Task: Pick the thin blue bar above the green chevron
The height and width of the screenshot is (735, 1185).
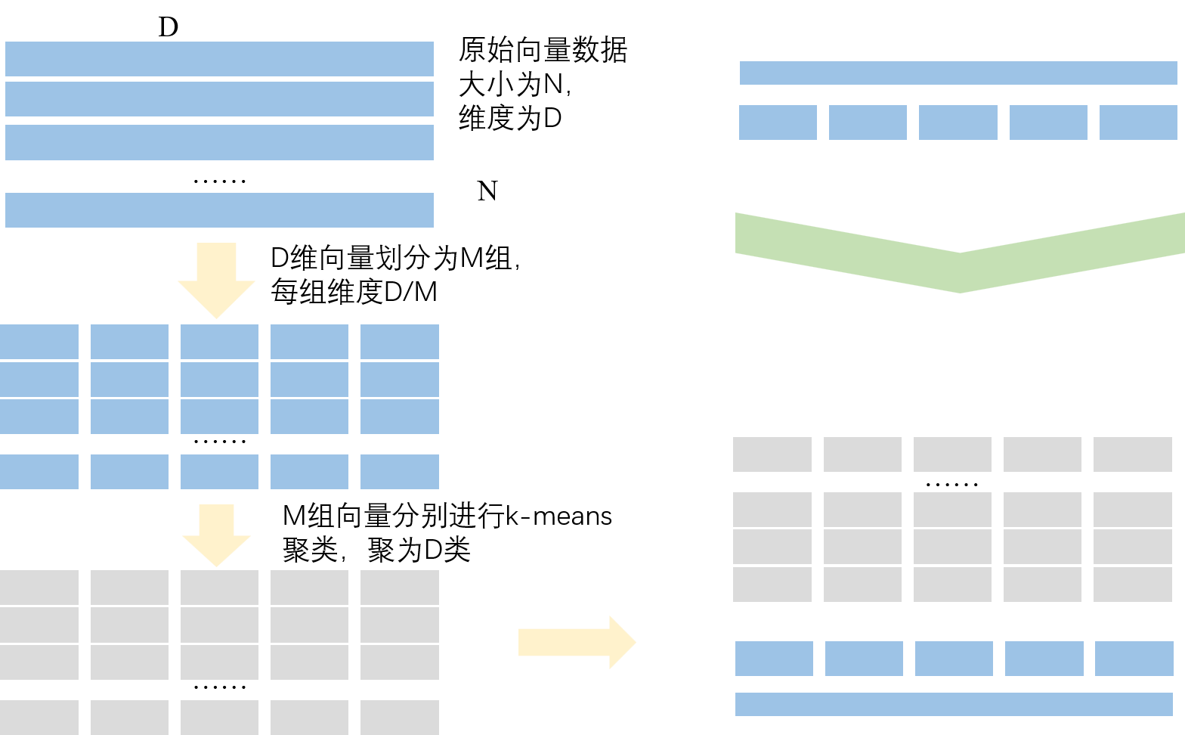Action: click(958, 73)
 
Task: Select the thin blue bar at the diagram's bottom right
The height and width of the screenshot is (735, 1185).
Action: click(954, 704)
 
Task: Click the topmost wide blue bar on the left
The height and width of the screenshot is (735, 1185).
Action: click(219, 59)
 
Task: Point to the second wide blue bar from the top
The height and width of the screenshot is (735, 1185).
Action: click(219, 99)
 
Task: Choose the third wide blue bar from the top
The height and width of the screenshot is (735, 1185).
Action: click(219, 142)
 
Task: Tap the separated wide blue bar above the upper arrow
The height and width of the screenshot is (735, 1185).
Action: click(219, 209)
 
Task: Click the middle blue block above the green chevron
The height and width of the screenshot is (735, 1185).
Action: click(958, 122)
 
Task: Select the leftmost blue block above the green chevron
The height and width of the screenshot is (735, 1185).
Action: click(778, 122)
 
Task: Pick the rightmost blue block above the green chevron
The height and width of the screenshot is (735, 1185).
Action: click(1137, 122)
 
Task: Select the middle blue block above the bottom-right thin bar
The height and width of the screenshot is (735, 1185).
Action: click(954, 659)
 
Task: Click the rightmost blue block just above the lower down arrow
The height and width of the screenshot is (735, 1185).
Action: click(399, 472)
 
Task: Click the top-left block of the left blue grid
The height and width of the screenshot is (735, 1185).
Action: click(39, 342)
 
